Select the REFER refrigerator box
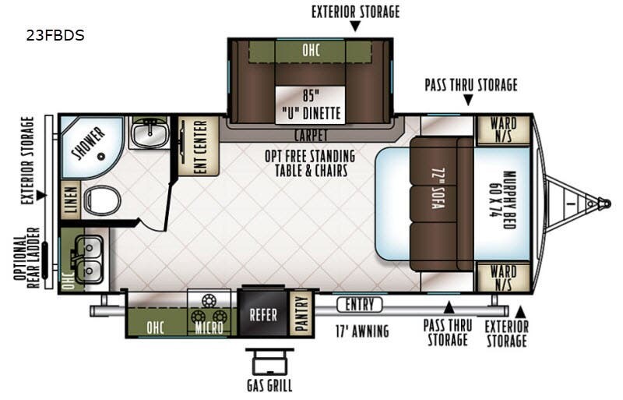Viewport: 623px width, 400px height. (263, 316)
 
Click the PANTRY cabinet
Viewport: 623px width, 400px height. (301, 313)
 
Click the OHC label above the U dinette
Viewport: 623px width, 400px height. (310, 51)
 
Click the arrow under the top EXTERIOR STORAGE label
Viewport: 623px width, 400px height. (355, 27)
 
